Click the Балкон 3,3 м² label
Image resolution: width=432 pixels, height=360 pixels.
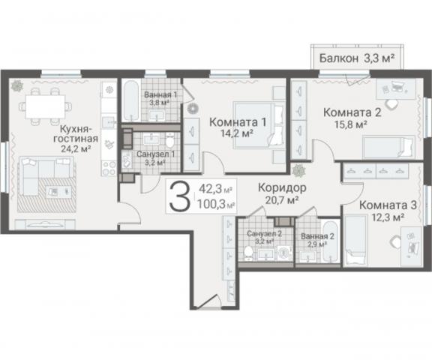357,58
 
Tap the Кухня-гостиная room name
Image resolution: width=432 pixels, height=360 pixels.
76,133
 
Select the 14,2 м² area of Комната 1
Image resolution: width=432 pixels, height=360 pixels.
237,133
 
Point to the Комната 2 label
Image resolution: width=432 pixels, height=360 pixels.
352,112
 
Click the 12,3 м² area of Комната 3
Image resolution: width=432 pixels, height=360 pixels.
388,217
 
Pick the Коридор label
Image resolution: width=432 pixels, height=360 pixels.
282,187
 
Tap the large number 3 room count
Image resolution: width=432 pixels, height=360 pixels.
180,196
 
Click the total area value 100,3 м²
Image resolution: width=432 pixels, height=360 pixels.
216,205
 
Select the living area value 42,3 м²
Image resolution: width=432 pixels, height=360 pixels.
215,189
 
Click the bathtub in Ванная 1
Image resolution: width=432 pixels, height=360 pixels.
131,100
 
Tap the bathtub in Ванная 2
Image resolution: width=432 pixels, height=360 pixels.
331,241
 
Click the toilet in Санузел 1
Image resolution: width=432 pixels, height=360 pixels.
170,139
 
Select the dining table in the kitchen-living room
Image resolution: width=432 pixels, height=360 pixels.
46,106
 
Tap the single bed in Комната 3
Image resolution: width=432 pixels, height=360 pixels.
356,241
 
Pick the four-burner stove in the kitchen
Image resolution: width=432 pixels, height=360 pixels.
109,168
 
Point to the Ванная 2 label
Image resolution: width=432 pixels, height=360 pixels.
317,236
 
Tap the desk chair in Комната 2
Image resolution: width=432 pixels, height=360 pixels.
391,103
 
